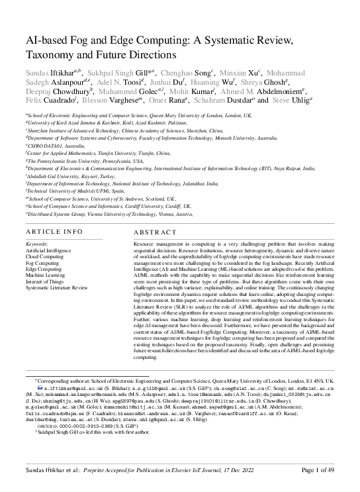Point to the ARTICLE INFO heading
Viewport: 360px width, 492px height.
[x=54, y=232]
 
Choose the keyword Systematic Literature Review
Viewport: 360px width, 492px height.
[x=56, y=288]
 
